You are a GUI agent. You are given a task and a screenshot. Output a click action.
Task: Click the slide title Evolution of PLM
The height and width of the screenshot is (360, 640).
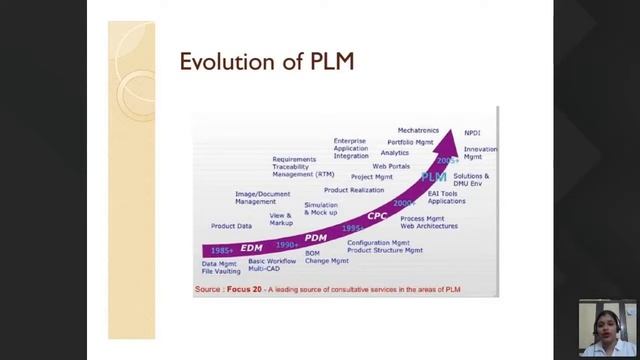267,62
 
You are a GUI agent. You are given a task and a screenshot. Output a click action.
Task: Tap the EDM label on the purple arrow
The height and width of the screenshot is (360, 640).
251,247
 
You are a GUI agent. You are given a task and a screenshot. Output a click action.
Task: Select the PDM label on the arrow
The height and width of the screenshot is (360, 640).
316,237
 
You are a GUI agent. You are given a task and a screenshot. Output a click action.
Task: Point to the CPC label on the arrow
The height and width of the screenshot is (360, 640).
377,215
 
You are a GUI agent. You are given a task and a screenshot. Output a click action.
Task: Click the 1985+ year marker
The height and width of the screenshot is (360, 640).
222,250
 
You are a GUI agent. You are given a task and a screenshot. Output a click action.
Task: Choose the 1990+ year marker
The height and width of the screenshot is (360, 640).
287,245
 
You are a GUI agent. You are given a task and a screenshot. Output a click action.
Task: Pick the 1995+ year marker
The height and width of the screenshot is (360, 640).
353,228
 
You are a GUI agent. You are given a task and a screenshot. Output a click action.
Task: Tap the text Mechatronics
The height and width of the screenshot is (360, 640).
418,130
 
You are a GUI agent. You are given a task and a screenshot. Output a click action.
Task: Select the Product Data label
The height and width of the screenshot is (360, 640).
231,226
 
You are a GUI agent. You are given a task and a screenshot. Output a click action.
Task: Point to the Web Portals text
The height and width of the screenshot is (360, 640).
391,166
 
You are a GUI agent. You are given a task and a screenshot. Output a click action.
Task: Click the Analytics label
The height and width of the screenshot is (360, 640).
395,153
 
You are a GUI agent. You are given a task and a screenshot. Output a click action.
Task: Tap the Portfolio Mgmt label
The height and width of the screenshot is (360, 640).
410,142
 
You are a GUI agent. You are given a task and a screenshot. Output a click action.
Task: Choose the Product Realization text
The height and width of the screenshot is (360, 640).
353,190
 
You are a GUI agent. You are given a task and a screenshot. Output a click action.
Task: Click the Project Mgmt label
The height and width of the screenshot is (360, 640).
372,177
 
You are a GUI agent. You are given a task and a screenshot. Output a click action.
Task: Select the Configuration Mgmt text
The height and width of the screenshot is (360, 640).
378,242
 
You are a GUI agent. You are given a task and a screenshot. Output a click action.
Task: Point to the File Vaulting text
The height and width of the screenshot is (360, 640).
221,271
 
